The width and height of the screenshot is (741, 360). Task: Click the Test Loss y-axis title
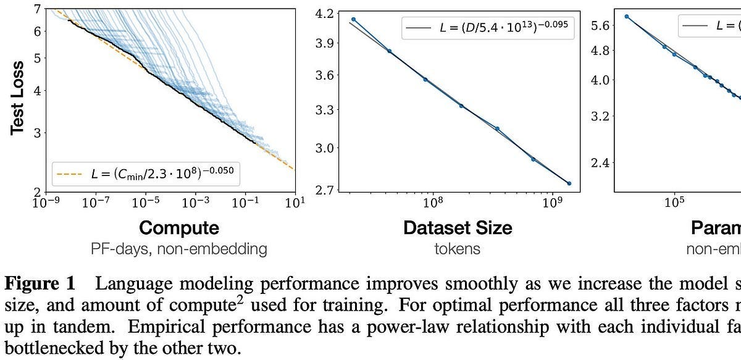pos(18,98)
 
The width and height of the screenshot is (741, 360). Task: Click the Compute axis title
pos(179,228)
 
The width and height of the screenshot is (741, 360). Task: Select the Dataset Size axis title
pos(458,228)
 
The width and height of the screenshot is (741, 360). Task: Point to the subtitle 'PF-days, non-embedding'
pos(179,249)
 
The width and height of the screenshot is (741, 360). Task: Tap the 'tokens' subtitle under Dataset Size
pos(458,249)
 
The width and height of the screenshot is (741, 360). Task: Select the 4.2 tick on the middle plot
pos(324,13)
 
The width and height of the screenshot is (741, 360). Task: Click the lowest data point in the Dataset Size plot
pos(569,183)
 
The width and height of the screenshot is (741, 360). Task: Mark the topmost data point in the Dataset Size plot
pos(353,20)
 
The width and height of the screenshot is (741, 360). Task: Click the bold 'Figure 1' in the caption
pos(41,284)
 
